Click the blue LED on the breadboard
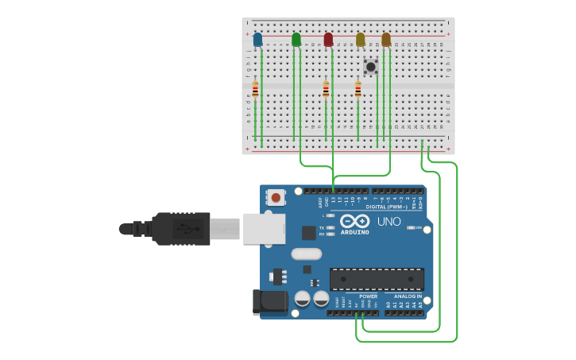click(257, 40)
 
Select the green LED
click(296, 40)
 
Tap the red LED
click(328, 40)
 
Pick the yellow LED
click(360, 40)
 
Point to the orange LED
click(386, 40)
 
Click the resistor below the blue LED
click(255, 90)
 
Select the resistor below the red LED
click(326, 90)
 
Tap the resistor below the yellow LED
click(358, 90)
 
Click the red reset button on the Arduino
click(276, 197)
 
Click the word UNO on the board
click(389, 222)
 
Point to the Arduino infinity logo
click(354, 221)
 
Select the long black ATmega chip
click(377, 279)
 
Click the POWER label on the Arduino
click(368, 296)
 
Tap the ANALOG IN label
click(408, 296)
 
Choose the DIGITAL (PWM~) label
click(388, 207)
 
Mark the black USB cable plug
click(181, 229)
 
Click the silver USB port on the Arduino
click(264, 229)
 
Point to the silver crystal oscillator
click(307, 254)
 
